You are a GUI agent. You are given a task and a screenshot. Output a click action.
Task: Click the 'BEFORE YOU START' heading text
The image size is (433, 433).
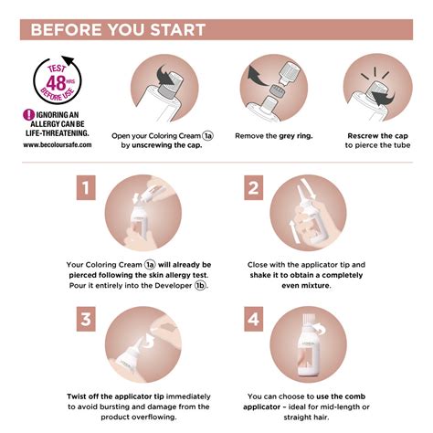(118, 30)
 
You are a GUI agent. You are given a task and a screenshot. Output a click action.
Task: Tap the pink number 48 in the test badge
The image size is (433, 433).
(56, 82)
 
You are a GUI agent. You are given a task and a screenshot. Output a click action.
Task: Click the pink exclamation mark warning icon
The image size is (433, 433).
(28, 115)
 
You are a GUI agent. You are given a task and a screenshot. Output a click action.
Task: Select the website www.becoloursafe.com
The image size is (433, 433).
(58, 144)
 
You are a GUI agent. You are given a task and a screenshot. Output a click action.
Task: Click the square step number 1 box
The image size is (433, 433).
(86, 187)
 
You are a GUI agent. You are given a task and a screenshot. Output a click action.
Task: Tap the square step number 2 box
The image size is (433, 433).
(254, 187)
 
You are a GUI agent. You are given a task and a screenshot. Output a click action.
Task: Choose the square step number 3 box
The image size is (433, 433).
(86, 319)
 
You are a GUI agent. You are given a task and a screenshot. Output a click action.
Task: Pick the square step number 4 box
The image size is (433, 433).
(254, 319)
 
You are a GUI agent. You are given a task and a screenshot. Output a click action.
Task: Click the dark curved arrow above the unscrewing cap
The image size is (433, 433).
(165, 75)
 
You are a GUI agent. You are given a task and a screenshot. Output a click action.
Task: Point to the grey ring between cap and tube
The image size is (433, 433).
(277, 90)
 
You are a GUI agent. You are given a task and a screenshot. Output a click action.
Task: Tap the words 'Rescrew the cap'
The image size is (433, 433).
(377, 136)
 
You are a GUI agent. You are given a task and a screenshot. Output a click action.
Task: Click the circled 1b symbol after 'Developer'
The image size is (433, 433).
(200, 285)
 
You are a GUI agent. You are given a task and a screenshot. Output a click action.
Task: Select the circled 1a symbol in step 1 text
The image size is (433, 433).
(150, 265)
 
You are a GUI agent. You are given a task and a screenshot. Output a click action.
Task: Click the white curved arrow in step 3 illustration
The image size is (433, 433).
(150, 341)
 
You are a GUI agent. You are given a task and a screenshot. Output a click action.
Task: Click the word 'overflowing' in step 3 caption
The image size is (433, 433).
(157, 417)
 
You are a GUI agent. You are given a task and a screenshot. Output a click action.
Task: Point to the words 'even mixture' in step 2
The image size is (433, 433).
(306, 286)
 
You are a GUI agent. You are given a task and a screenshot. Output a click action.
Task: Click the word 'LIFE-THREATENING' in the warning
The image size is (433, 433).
(57, 133)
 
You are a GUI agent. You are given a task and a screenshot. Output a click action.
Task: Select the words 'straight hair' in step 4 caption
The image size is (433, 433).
(306, 417)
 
